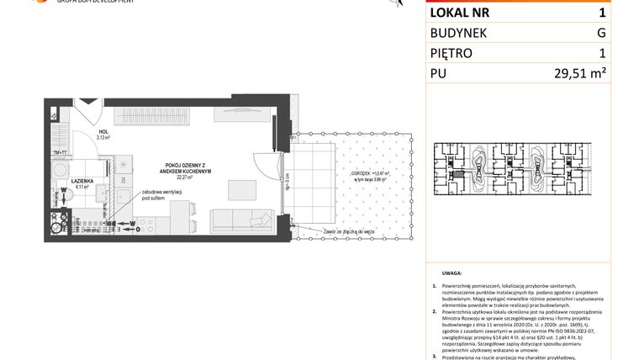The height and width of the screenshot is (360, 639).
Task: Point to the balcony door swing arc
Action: (x=273, y=164)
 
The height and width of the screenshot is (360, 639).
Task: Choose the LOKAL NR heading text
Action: (x=459, y=13)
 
